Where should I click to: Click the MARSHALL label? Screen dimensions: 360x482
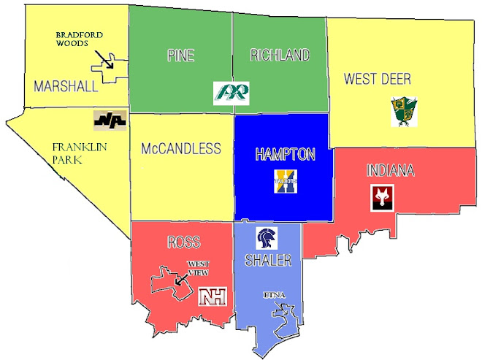(66, 87)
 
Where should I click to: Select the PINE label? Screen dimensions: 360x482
(180, 55)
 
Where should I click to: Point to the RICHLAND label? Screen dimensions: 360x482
(280, 55)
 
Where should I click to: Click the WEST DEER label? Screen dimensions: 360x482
(378, 78)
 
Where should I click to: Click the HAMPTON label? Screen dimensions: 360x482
(285, 155)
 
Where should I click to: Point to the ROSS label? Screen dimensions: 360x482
(183, 242)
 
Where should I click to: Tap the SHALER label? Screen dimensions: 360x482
(268, 261)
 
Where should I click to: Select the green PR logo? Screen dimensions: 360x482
(232, 92)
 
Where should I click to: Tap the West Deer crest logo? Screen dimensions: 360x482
(403, 112)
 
